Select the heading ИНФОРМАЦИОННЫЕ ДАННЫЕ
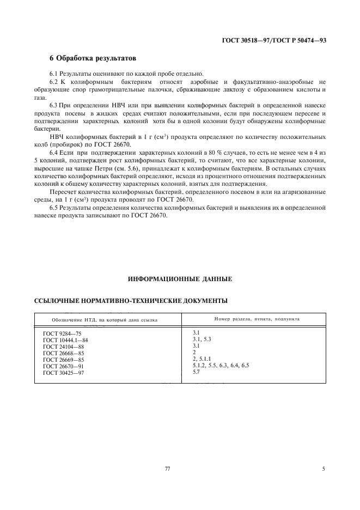(180, 279)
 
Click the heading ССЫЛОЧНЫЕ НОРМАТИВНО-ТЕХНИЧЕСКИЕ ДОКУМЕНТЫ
(131, 300)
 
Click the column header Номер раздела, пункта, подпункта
(252, 319)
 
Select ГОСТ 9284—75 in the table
(62, 332)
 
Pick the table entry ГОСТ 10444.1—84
(65, 339)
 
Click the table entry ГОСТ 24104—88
(63, 346)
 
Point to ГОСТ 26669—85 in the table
(63, 360)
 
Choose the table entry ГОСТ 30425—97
(63, 373)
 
